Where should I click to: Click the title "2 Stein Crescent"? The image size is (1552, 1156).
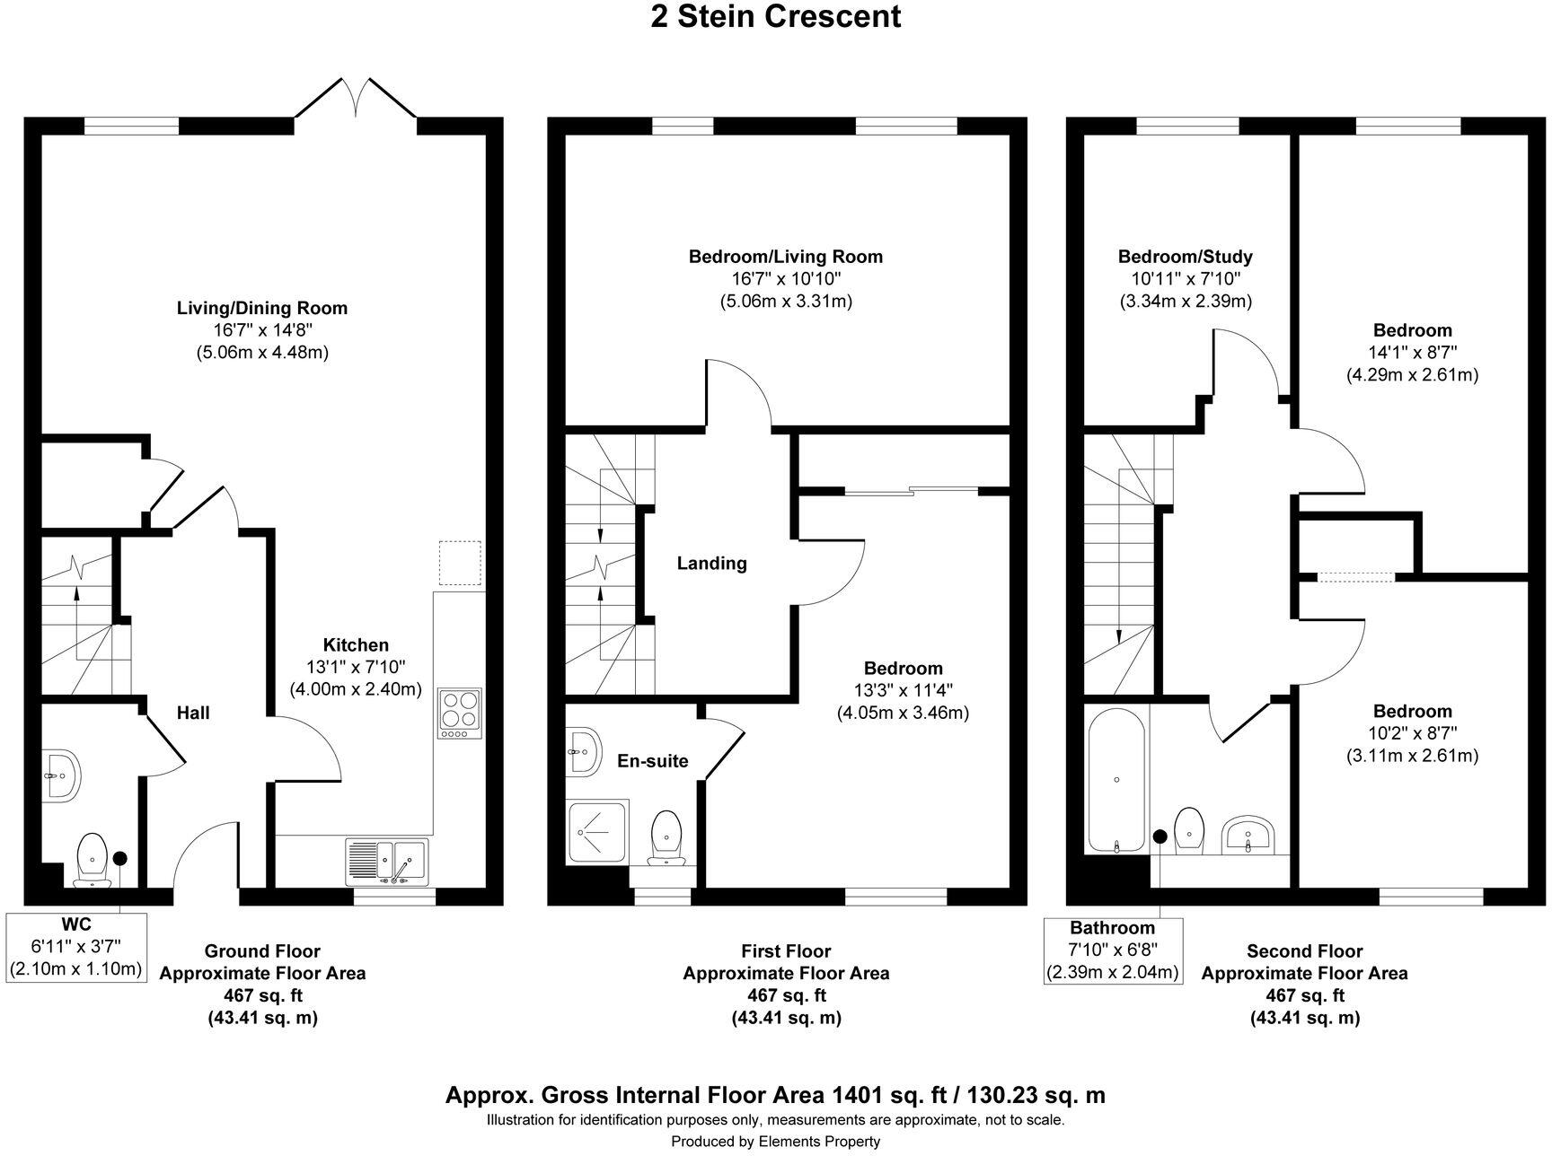click(776, 16)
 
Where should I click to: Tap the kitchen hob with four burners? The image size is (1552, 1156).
click(460, 713)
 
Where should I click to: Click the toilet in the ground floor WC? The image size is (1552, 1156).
click(93, 859)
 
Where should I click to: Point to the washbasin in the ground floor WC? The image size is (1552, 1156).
click(62, 773)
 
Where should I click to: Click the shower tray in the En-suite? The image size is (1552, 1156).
click(597, 833)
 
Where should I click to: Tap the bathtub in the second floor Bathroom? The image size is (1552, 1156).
click(1116, 778)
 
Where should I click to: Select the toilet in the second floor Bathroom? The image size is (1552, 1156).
click(1189, 830)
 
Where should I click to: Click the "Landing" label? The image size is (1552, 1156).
click(711, 564)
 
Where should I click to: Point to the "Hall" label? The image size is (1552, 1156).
click(193, 713)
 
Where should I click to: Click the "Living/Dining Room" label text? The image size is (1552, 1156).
click(262, 309)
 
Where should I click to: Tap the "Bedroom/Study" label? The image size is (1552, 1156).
click(1185, 257)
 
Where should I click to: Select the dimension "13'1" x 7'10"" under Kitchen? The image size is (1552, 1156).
click(356, 667)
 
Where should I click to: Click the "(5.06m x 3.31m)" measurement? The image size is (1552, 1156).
click(786, 301)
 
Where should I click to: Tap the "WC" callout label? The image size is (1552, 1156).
click(76, 924)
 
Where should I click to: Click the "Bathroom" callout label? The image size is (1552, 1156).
click(1112, 927)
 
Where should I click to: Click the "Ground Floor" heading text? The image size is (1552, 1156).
click(262, 951)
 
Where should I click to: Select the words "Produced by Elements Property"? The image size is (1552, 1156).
click(776, 1142)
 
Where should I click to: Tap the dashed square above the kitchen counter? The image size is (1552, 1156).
click(460, 563)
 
